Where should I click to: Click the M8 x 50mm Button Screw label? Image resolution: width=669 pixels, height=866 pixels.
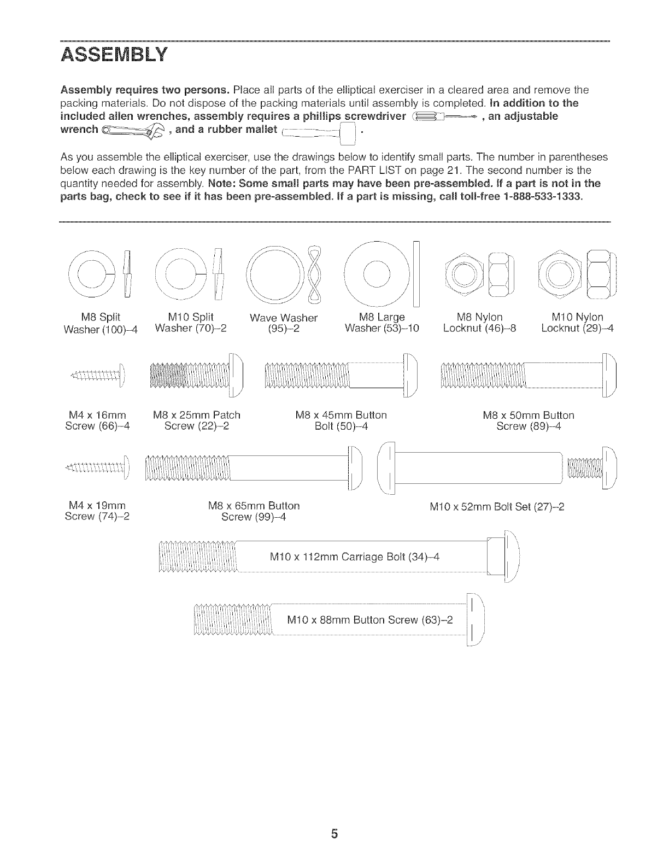(x=529, y=420)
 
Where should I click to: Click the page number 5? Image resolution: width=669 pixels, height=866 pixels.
(x=334, y=834)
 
